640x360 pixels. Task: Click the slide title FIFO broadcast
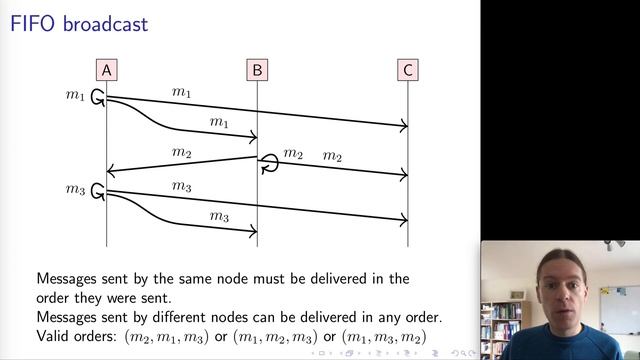(x=79, y=23)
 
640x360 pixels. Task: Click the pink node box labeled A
(x=107, y=69)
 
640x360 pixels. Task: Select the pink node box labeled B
(x=257, y=69)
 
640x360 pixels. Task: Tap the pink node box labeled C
(x=408, y=69)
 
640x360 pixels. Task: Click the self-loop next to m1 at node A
(x=98, y=97)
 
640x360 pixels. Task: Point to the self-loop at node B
(x=269, y=163)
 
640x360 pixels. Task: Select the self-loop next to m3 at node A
(x=98, y=190)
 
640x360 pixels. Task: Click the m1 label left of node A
(x=76, y=95)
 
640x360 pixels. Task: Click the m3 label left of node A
(x=76, y=189)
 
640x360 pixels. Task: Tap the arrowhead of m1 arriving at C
(x=404, y=125)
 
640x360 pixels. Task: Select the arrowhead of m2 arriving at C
(x=404, y=175)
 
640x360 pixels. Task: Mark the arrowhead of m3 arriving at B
(x=253, y=232)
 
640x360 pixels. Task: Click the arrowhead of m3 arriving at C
(x=404, y=219)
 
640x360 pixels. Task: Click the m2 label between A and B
(x=181, y=152)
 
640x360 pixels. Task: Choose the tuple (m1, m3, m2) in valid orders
(x=384, y=337)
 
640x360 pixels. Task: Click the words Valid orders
(x=76, y=337)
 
